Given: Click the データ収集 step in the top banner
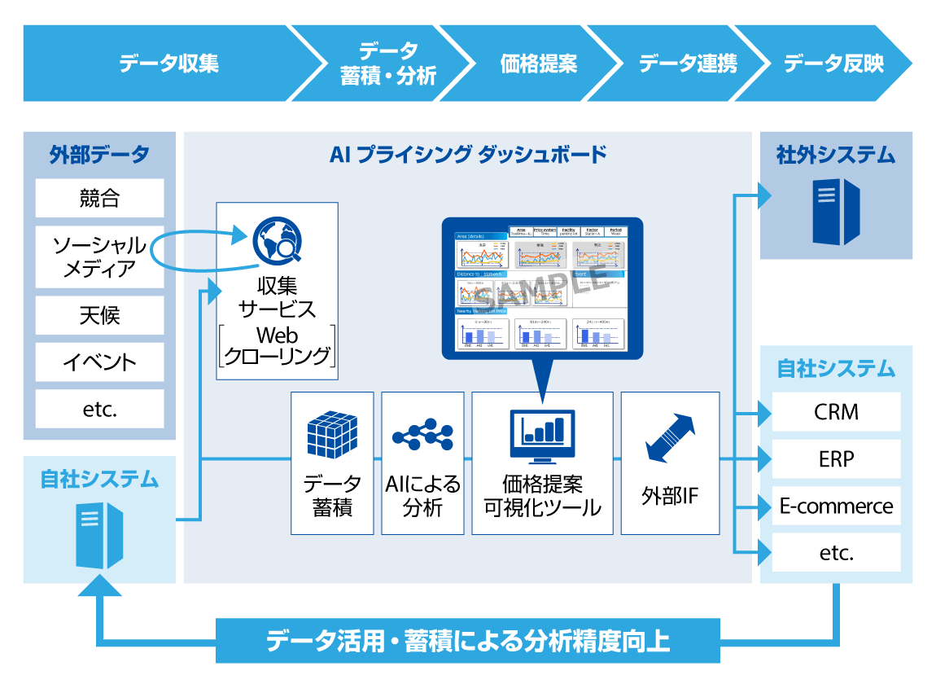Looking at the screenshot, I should coord(168,64).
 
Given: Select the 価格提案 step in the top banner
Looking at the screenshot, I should coord(538,64).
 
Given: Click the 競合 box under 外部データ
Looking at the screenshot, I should coord(99,198).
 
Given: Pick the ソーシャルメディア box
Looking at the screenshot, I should coord(99,256).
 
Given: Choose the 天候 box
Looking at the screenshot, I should coord(99,315).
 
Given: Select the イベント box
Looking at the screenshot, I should coord(99,362).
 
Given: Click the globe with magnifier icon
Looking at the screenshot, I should coord(277,242).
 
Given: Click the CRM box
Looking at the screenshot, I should coord(836,412).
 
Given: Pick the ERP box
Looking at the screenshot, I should coord(836,459).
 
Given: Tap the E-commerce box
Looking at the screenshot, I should coord(836,506).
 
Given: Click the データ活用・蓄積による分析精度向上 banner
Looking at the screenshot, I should coord(468,641).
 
